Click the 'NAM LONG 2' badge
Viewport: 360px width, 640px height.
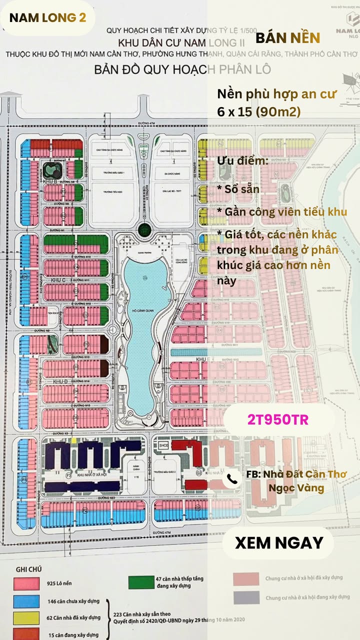tap(47, 17)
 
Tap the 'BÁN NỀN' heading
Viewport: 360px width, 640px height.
tap(287, 37)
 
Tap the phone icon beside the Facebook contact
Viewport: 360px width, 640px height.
tap(232, 479)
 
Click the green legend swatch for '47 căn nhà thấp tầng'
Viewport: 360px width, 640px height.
tap(140, 582)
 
